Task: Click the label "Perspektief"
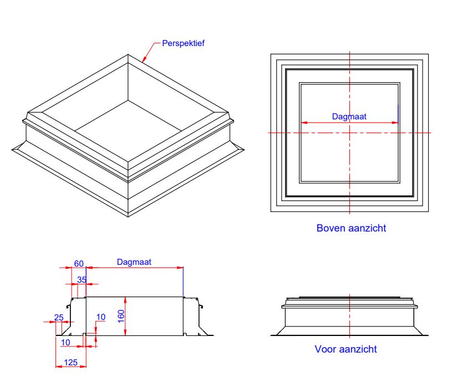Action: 183,43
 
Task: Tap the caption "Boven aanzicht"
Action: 351,228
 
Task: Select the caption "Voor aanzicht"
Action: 346,349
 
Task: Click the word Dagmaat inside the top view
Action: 349,117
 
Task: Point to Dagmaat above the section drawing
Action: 134,262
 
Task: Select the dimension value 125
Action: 70,361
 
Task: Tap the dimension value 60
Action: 79,263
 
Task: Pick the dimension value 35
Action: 82,279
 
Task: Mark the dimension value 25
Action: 59,317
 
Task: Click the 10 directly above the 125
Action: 65,343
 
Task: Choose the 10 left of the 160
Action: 100,317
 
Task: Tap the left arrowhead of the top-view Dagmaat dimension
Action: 303,123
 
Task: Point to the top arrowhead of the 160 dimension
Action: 126,299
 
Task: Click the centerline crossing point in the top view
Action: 349,133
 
